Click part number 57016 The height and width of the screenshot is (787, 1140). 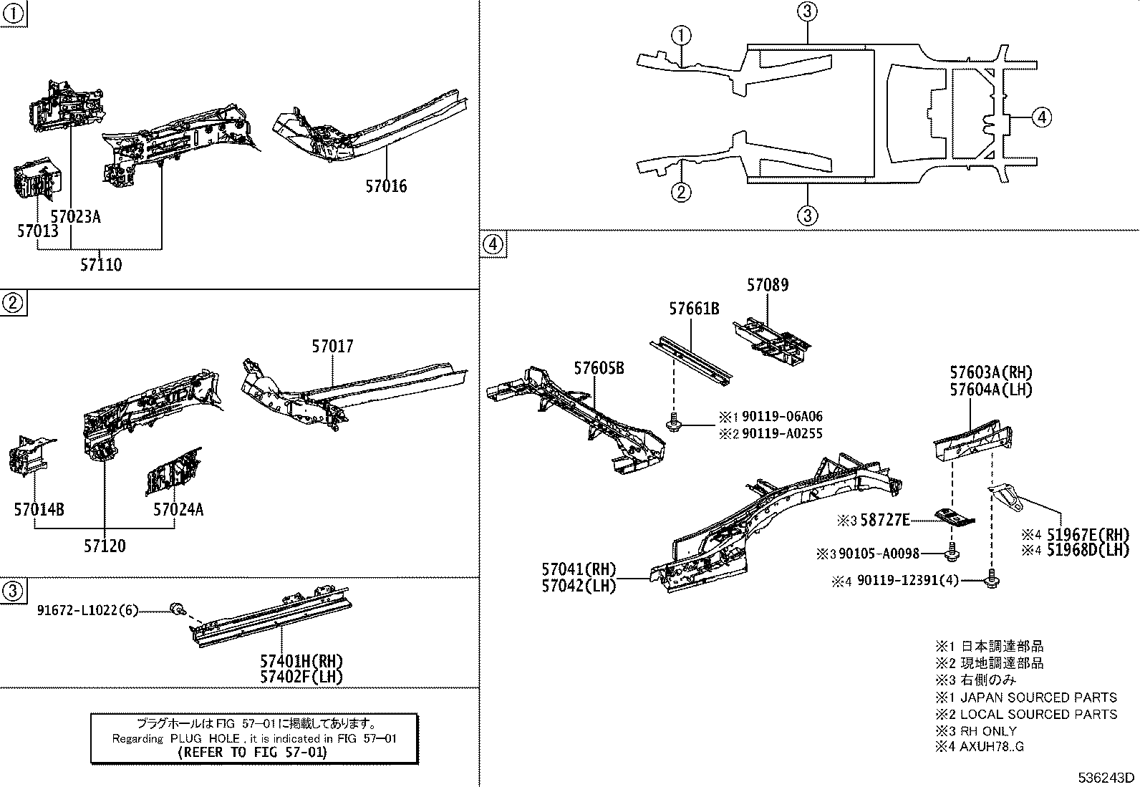[x=386, y=186]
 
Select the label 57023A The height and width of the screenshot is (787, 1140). [x=75, y=216]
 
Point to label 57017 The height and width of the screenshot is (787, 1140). [x=332, y=347]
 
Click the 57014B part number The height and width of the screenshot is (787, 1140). [x=39, y=509]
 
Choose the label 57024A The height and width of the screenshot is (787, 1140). [x=178, y=509]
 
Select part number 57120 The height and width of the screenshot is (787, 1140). [x=105, y=546]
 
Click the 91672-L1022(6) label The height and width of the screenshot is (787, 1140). [x=87, y=610]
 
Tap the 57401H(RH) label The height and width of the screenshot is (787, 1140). [x=301, y=660]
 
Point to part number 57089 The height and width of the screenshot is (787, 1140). [x=768, y=285]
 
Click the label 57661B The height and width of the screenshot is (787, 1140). [x=695, y=309]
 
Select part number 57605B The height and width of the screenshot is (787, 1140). [x=599, y=368]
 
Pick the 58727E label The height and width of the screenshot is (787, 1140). [x=884, y=521]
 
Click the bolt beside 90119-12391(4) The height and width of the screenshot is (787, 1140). [x=992, y=579]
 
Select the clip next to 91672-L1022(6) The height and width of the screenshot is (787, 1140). [x=175, y=609]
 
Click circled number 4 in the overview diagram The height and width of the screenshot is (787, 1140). [x=1042, y=117]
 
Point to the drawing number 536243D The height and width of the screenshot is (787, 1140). [x=1108, y=778]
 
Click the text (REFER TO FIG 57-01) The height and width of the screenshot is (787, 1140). [x=254, y=752]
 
